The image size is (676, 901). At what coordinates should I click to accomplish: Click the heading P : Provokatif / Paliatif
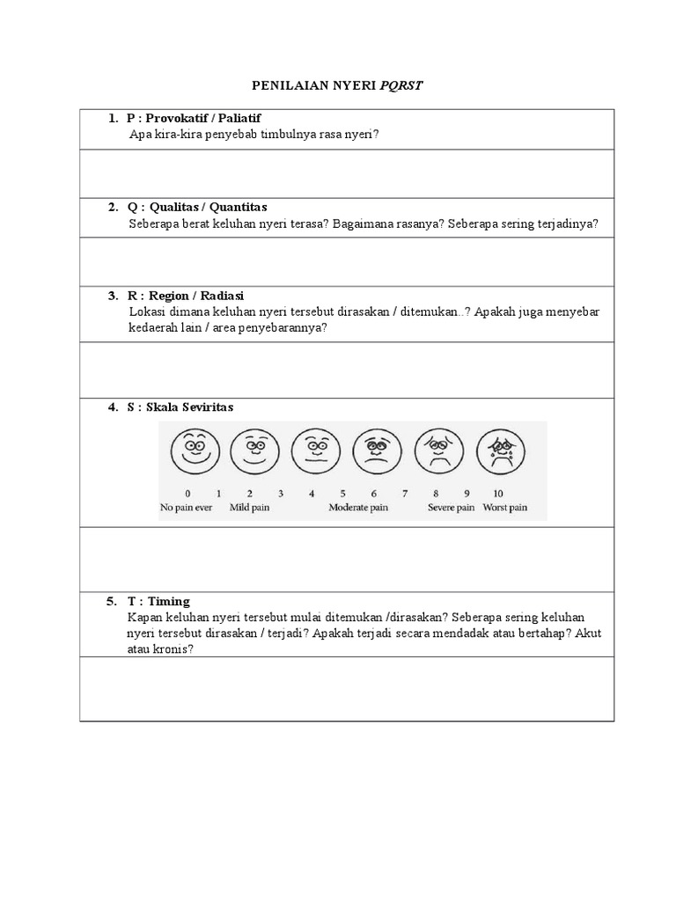coord(194,118)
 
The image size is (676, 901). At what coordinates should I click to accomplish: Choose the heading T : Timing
coord(158,601)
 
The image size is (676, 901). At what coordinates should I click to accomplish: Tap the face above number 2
coord(255,451)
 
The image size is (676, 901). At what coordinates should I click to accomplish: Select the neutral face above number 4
coord(316,451)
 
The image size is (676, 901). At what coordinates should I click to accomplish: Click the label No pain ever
coord(187,508)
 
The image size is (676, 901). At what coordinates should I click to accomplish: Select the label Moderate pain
coord(358,508)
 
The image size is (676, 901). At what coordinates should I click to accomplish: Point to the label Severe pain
coord(451,508)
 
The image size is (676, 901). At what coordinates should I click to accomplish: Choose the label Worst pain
coord(505,508)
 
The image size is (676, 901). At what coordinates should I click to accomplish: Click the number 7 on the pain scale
coord(405,494)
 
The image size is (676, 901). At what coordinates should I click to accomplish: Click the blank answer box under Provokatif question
coord(347,173)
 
